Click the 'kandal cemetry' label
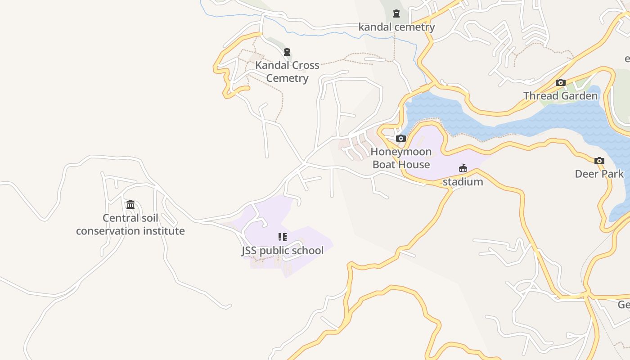click(x=396, y=27)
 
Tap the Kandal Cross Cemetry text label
click(x=287, y=72)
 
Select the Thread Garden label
click(x=560, y=96)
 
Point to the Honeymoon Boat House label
click(x=401, y=158)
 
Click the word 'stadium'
click(x=463, y=182)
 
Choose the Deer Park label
click(x=599, y=174)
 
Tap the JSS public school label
click(x=283, y=250)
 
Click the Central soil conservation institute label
click(x=130, y=225)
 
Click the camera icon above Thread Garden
click(x=560, y=83)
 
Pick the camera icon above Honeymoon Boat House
click(x=400, y=139)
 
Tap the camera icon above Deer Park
click(x=599, y=161)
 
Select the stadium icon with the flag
click(x=463, y=168)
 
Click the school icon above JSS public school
click(x=282, y=237)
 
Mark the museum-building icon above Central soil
click(x=130, y=205)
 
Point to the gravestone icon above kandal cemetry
click(x=396, y=14)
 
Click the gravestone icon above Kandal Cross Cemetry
click(x=287, y=52)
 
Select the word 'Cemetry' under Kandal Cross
click(x=287, y=78)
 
